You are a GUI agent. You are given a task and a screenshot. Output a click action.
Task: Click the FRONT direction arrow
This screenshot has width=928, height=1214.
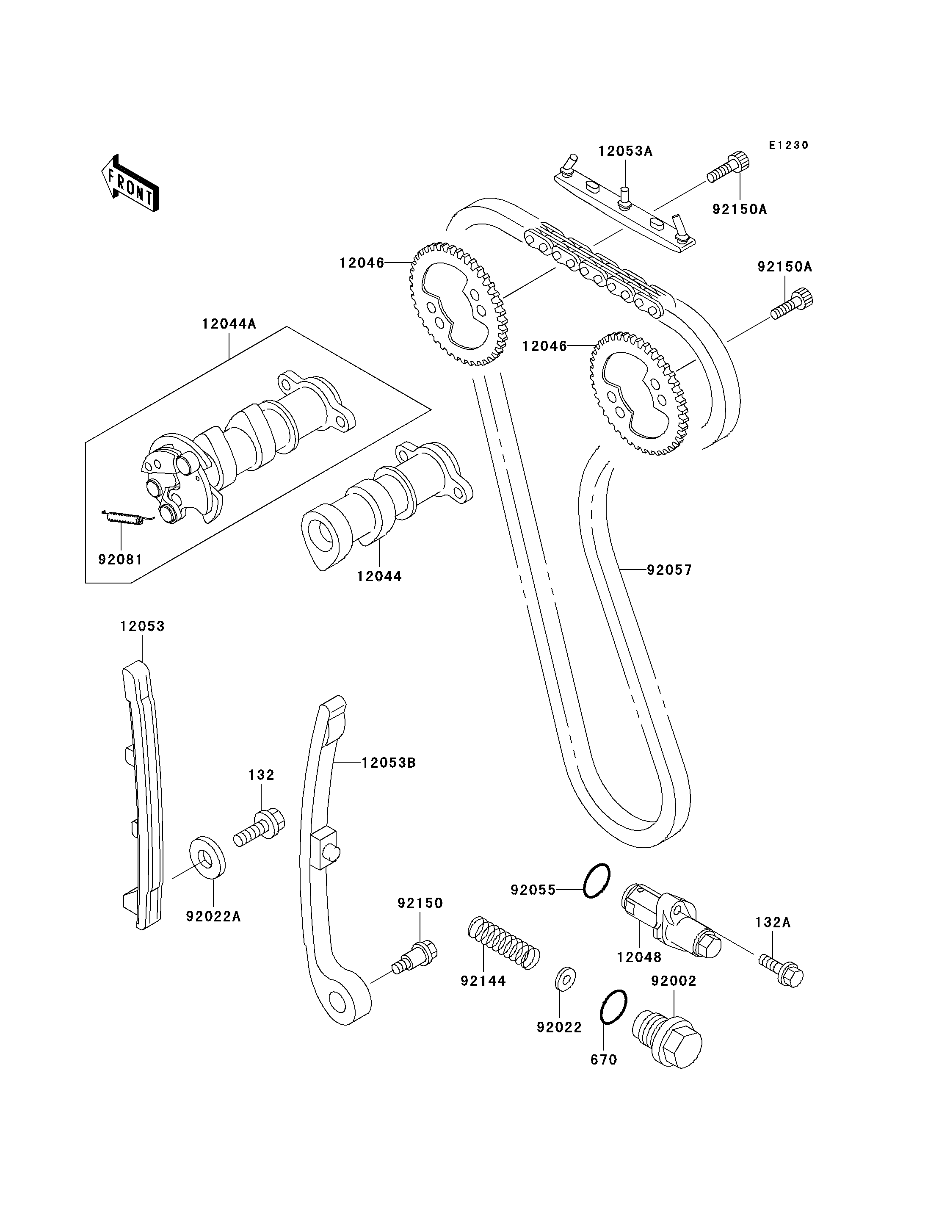130,183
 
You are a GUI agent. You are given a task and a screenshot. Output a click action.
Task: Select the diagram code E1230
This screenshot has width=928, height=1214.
789,145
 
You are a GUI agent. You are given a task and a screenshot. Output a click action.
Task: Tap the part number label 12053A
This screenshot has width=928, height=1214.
625,151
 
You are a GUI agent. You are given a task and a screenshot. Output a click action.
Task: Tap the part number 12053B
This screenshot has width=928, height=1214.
389,763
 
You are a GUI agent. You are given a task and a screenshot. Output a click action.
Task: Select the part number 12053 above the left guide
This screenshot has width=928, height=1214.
143,626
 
